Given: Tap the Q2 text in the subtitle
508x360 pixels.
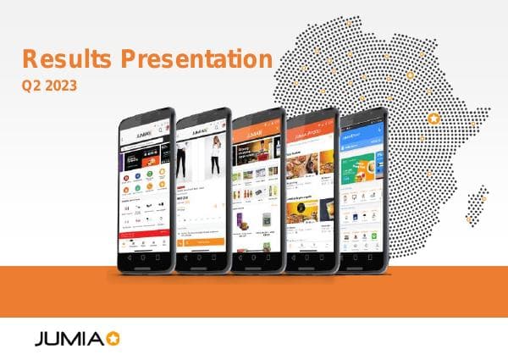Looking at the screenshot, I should point(31,85).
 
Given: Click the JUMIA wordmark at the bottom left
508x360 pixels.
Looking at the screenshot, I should point(69,341).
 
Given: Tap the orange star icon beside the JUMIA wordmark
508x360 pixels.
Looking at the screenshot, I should point(113,340).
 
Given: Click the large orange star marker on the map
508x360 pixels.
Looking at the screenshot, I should point(434,119).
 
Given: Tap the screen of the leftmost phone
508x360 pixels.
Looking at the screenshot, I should point(144,191).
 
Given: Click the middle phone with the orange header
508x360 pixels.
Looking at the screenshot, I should point(257,191).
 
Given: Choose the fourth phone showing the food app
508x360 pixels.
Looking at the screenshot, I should point(312,191).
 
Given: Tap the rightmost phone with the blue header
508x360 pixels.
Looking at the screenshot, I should point(363,191).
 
